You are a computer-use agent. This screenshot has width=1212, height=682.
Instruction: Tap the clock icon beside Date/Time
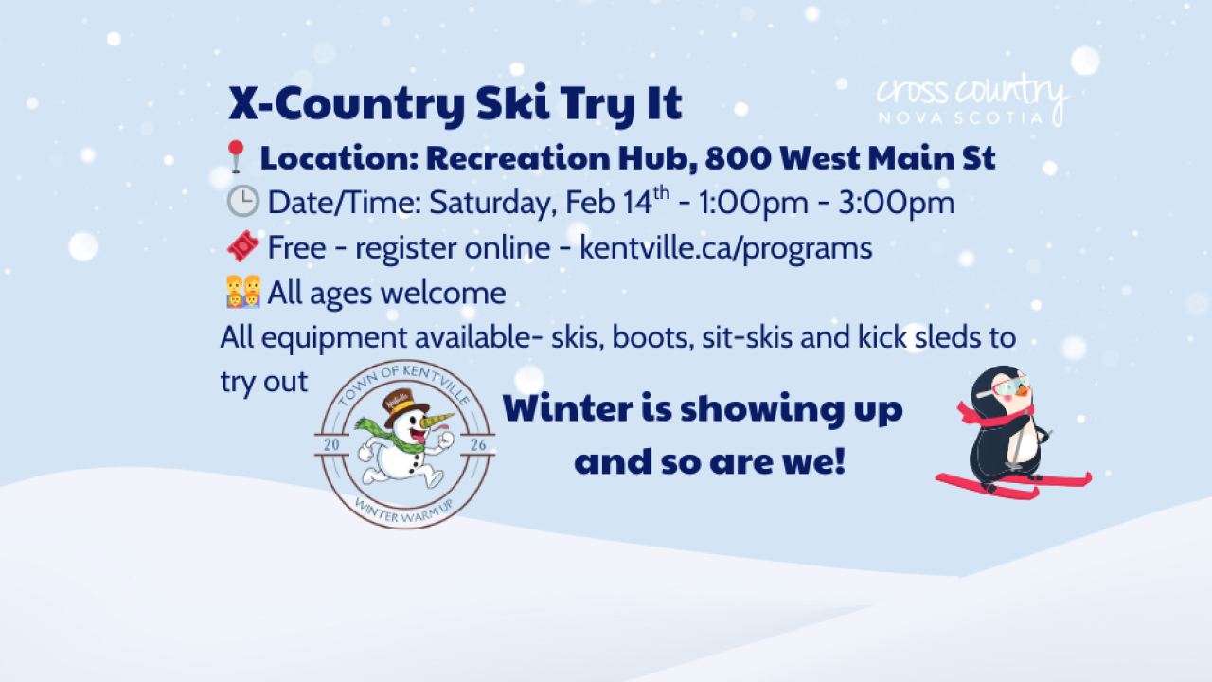pyautogui.click(x=243, y=202)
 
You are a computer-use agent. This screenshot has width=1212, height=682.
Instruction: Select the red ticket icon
pyautogui.click(x=243, y=247)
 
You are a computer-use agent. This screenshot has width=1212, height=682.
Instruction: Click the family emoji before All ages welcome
pyautogui.click(x=243, y=292)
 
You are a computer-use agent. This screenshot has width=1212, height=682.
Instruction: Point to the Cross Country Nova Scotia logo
pyautogui.click(x=971, y=100)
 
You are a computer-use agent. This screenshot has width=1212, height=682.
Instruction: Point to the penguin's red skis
pyautogui.click(x=1013, y=484)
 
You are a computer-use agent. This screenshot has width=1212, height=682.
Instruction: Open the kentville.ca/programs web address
pyautogui.click(x=725, y=248)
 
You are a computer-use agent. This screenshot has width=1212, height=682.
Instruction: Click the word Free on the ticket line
pyautogui.click(x=298, y=248)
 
